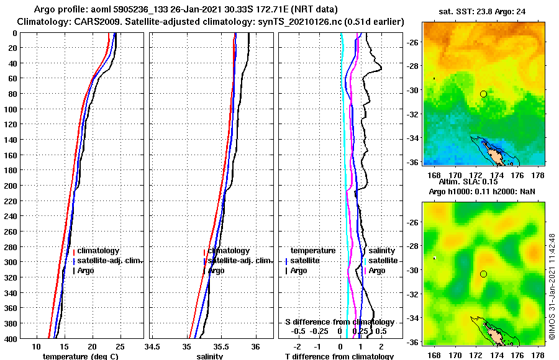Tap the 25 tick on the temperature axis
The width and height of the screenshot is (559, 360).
[120, 346]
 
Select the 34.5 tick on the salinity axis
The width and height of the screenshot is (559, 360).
[153, 346]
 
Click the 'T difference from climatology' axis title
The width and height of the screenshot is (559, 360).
[339, 356]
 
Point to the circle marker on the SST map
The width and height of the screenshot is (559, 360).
[483, 94]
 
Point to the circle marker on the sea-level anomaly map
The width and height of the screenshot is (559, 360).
[483, 274]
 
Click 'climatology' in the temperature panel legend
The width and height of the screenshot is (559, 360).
[99, 251]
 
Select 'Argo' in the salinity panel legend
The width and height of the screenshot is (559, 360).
[217, 271]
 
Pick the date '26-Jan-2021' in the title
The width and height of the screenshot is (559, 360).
[192, 11]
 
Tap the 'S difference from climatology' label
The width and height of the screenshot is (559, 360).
[340, 322]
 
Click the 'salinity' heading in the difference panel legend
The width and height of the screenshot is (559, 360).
[382, 251]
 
